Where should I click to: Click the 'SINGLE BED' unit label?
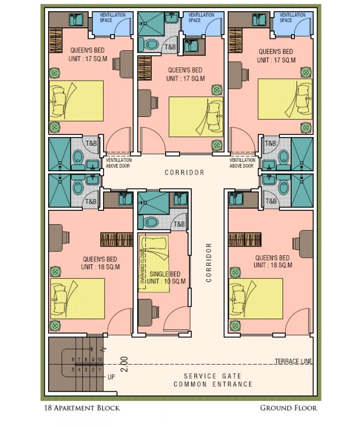[x=165, y=274]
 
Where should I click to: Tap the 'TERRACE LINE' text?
[x=294, y=361]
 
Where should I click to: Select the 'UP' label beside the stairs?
[x=111, y=377]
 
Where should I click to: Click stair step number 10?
[x=99, y=360]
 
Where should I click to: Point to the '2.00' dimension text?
[x=124, y=364]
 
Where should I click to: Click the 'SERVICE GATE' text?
[x=213, y=376]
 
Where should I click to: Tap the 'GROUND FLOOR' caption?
[x=288, y=408]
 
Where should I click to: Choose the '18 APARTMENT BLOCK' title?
[x=82, y=408]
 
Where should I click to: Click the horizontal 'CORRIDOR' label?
[x=184, y=172]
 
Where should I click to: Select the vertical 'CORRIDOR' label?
[x=209, y=263]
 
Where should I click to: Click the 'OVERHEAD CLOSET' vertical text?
[x=143, y=266]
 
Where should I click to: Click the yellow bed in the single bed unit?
[x=154, y=264]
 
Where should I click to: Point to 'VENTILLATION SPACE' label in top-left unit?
[x=113, y=18]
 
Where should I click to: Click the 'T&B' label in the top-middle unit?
[x=170, y=47]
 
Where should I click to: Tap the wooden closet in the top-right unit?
[x=235, y=41]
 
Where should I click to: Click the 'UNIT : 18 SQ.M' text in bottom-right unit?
[x=273, y=265]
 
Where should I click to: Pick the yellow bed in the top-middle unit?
[x=196, y=117]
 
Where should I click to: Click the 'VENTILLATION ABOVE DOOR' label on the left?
[x=119, y=163]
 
